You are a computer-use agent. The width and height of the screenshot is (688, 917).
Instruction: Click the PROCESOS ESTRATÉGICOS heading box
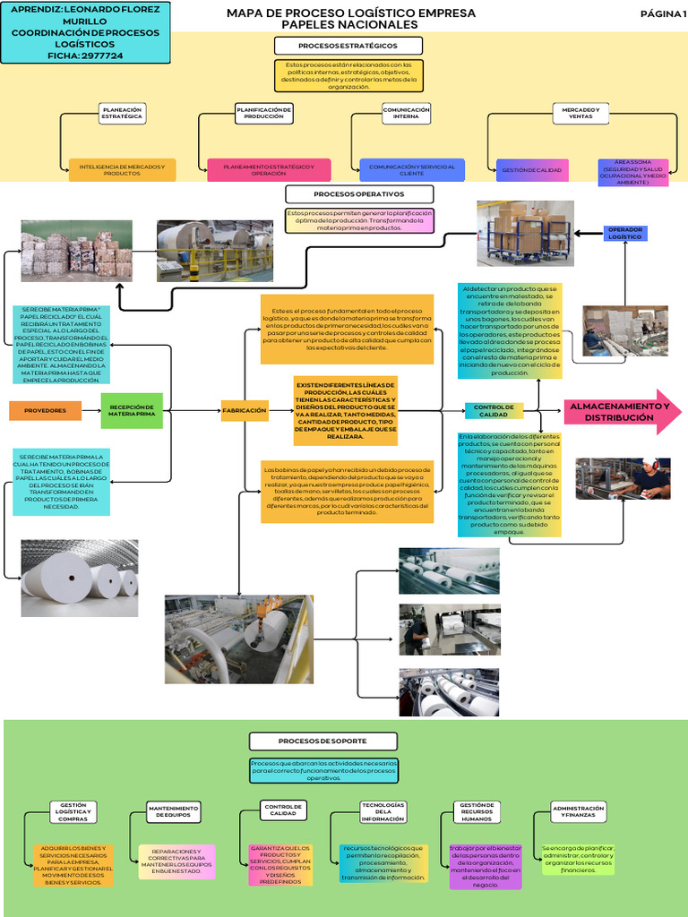coord(348,46)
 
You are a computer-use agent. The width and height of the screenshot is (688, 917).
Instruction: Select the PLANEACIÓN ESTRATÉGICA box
coord(123,113)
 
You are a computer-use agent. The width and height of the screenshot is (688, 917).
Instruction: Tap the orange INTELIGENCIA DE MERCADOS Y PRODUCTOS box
coord(122,169)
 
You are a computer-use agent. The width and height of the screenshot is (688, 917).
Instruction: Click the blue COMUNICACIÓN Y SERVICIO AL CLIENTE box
coord(412,169)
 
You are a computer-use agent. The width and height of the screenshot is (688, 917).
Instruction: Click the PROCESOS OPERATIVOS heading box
coord(359,194)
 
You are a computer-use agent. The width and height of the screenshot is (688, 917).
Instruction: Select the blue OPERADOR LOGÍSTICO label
coord(625,233)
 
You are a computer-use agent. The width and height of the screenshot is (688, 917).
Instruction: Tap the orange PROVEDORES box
coord(45,411)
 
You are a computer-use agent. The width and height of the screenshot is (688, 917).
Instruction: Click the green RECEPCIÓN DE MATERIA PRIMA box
coord(133,411)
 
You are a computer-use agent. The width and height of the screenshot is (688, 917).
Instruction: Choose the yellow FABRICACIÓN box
coord(245,411)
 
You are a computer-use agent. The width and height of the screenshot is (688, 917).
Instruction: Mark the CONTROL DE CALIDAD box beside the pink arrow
coord(494,411)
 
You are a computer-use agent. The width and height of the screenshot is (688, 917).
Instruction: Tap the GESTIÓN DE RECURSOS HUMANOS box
coord(477,812)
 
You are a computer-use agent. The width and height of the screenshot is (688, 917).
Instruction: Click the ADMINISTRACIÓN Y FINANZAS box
coord(579,811)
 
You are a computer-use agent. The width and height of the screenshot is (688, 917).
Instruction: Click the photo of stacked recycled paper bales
coord(77,252)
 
